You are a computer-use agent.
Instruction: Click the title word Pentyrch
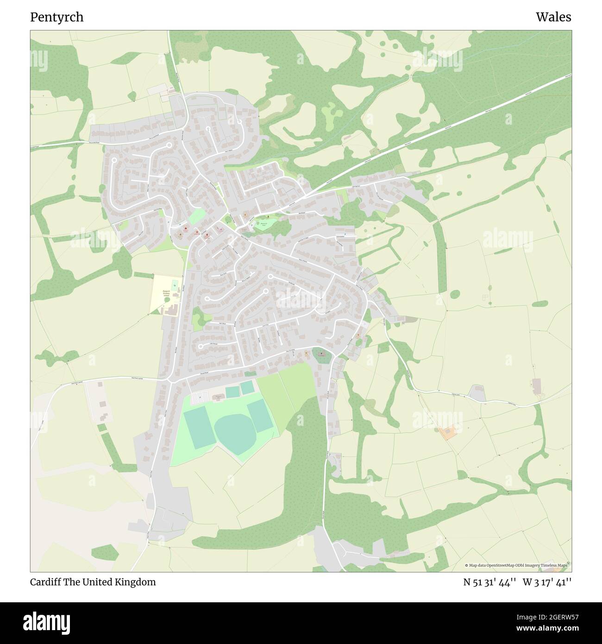[x=57, y=17]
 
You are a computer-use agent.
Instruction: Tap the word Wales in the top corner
[x=553, y=17]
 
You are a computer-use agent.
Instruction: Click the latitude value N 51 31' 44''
[x=490, y=582]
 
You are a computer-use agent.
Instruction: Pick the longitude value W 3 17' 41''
[x=547, y=582]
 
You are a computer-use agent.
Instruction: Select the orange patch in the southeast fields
[x=447, y=433]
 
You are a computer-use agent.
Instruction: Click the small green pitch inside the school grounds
[x=175, y=284]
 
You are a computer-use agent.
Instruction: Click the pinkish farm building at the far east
[x=537, y=385]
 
